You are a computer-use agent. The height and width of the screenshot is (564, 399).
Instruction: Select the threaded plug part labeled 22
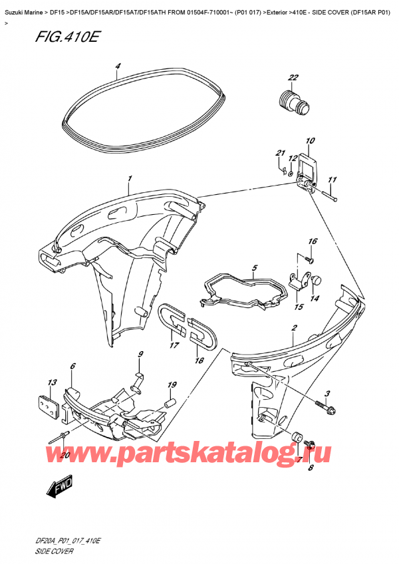pos(291,101)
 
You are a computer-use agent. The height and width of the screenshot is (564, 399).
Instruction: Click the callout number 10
pos(310,141)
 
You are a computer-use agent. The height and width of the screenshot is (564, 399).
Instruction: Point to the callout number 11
pos(332,180)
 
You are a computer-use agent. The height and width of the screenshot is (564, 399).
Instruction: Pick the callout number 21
pos(280,154)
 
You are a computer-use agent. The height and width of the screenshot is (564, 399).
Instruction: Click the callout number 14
pos(315,299)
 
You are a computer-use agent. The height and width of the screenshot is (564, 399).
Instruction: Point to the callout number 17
pos(174,345)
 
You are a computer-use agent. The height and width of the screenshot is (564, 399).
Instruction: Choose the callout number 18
pos(197,360)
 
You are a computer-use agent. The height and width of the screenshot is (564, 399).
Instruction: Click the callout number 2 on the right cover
pos(294,328)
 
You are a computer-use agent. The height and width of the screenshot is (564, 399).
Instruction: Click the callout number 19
pos(172,385)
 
